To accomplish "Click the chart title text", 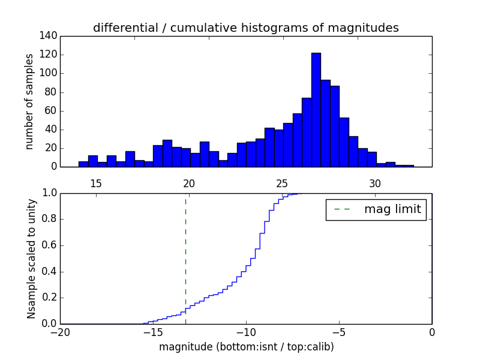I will [245, 28].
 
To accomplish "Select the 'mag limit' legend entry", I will [376, 209].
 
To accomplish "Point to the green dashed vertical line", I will [185, 258].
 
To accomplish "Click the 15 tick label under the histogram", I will [95, 184].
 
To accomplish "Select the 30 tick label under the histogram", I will [375, 184].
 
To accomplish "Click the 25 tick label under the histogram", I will [282, 184].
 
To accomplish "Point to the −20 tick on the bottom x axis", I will [60, 332].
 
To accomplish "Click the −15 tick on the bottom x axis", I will [152, 332].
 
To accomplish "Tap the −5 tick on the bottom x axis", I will [338, 332].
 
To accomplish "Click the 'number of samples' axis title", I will [29, 101].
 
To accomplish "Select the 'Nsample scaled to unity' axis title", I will [31, 259].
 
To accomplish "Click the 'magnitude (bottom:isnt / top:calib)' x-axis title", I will [246, 347].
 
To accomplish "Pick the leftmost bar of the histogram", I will [83, 164].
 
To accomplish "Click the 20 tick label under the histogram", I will [189, 184].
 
